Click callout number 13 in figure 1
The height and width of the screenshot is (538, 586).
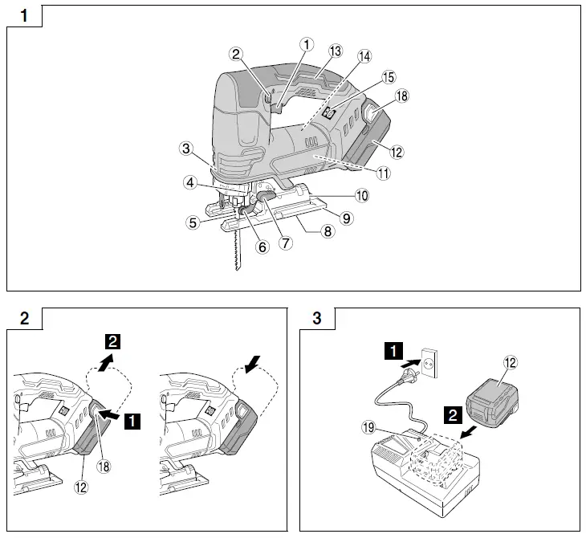pyautogui.click(x=335, y=51)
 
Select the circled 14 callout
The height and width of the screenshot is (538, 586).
pyautogui.click(x=364, y=56)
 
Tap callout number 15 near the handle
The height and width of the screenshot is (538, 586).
pyautogui.click(x=389, y=77)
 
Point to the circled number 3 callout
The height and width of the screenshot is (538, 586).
pyautogui.click(x=185, y=149)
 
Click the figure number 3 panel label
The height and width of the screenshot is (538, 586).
pyautogui.click(x=317, y=319)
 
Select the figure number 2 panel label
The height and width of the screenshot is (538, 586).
pyautogui.click(x=24, y=319)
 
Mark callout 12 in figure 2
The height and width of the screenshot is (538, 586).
pyautogui.click(x=82, y=486)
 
